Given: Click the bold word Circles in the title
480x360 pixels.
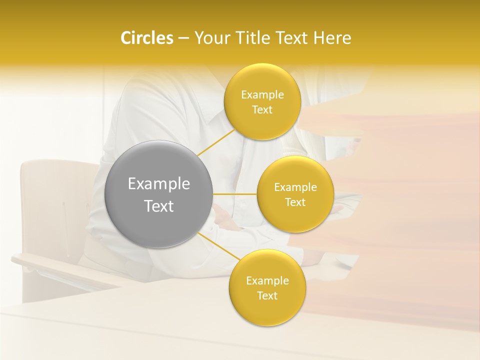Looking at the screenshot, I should tap(147, 38).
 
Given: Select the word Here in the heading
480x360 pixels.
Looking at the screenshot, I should tap(332, 38).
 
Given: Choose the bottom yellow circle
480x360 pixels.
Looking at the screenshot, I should tap(267, 310).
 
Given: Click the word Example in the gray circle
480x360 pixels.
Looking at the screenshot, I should tap(158, 184).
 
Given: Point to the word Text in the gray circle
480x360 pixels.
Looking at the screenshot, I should tap(158, 206).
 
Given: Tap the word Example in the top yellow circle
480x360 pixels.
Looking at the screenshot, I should tap(262, 95).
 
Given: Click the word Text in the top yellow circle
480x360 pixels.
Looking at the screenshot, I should tap(262, 110).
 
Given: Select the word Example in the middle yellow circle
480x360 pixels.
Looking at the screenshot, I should tap(295, 187).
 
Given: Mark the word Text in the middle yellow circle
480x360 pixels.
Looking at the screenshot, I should tap(295, 202).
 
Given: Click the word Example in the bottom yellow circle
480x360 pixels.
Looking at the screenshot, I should tap(267, 281).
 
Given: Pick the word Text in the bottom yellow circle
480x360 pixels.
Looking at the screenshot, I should tap(267, 296).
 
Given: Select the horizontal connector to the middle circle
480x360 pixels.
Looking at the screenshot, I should tap(234, 194).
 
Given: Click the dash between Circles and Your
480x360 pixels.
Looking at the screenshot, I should tap(183, 38).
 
